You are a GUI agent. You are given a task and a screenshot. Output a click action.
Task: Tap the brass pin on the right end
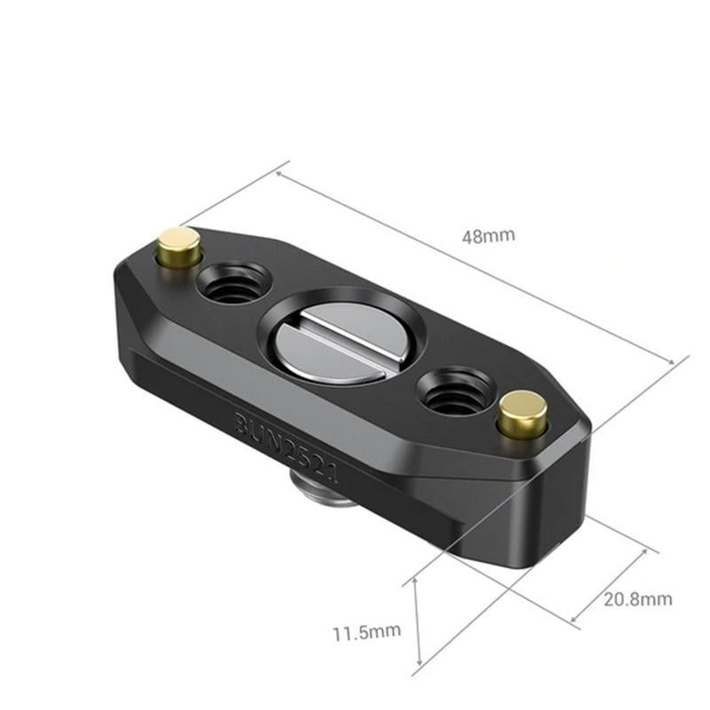pos(521,413)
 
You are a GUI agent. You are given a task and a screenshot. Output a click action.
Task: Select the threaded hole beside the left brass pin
pos(233,285)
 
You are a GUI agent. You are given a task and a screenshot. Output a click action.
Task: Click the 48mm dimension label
pos(488,236)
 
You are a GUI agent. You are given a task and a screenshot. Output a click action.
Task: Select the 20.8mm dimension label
pos(638,599)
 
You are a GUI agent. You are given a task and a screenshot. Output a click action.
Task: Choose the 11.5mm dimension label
pos(367,633)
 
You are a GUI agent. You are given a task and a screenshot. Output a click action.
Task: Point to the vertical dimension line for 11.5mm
pos(415,621)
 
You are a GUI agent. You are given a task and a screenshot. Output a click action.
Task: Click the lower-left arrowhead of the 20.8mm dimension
pos(572,619)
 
